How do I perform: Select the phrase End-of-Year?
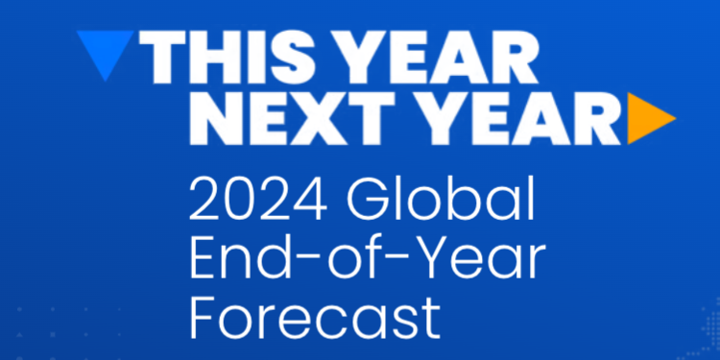click(x=368, y=258)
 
